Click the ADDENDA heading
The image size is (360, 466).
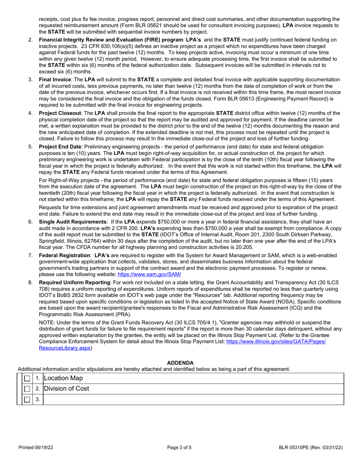180,363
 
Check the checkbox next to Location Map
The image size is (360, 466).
27,378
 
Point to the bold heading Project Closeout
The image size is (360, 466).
60,113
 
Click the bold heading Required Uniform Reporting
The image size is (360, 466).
74,282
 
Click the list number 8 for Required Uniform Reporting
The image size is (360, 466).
30,282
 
